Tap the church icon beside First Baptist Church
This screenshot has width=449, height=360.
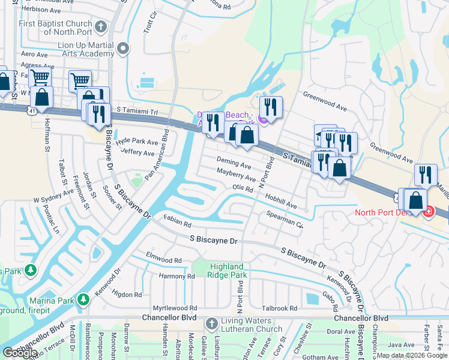pos(101,26)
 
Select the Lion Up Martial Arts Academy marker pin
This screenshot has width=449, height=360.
pos(124,49)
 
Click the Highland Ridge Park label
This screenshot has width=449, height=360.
pos(227,271)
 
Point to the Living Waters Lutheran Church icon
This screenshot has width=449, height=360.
pos(211,324)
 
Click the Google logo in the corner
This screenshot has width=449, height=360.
pos(20,353)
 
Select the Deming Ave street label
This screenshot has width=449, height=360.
pos(234,163)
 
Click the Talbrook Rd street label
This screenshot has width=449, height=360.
pos(280,308)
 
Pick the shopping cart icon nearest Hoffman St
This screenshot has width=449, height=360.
pos(39,77)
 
